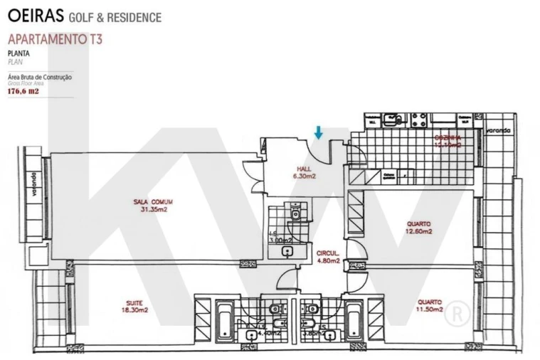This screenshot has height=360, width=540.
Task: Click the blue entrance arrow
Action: (x=319, y=132)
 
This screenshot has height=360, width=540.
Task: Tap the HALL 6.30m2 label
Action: (x=303, y=172)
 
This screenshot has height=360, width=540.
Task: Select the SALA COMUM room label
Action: (x=153, y=206)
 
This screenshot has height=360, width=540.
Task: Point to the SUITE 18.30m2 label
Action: (x=134, y=307)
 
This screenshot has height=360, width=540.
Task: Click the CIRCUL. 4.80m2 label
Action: (x=328, y=257)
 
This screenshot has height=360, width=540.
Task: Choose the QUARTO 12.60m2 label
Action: (x=418, y=227)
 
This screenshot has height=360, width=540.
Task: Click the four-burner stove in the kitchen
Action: (x=418, y=120)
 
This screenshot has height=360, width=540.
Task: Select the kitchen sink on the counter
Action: (x=392, y=120)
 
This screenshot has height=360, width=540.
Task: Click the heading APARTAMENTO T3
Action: (x=55, y=39)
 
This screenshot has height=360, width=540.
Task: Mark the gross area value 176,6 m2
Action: (x=23, y=91)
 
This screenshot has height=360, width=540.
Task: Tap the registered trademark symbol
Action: (x=461, y=311)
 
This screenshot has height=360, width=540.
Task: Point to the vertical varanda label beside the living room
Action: (x=33, y=182)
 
